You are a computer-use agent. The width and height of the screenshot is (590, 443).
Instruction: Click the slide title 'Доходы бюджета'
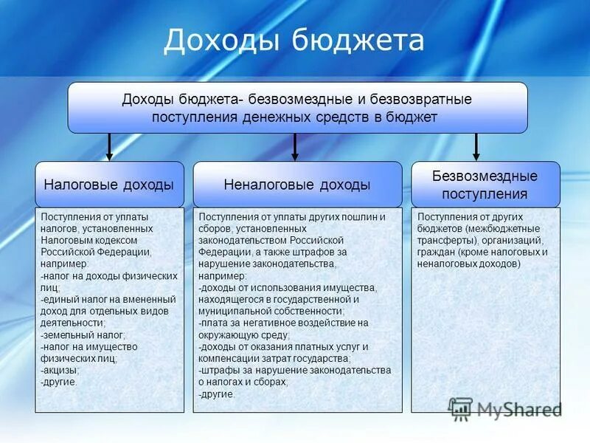coord(294,41)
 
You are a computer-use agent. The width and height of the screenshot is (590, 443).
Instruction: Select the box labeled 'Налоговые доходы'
coord(109,185)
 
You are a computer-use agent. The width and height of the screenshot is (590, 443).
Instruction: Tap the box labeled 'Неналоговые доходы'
coord(297,185)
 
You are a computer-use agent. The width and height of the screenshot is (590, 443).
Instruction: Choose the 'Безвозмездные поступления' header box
coord(485,185)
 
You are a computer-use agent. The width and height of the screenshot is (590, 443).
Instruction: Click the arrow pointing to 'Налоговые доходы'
coord(109,147)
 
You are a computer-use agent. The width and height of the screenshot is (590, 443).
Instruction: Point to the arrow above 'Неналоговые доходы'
coord(295,147)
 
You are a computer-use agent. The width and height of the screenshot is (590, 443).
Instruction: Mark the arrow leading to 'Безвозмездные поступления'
coord(476,147)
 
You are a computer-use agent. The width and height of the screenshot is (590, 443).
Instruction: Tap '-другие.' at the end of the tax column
coord(59,382)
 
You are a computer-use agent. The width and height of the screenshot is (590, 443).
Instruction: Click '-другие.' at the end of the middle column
coord(217,394)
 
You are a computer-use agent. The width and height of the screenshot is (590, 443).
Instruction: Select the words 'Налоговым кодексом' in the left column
coord(89,240)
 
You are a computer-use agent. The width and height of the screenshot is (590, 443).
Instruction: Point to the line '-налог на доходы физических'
coord(109,275)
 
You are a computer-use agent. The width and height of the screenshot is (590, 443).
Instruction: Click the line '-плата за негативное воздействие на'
coord(283,323)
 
